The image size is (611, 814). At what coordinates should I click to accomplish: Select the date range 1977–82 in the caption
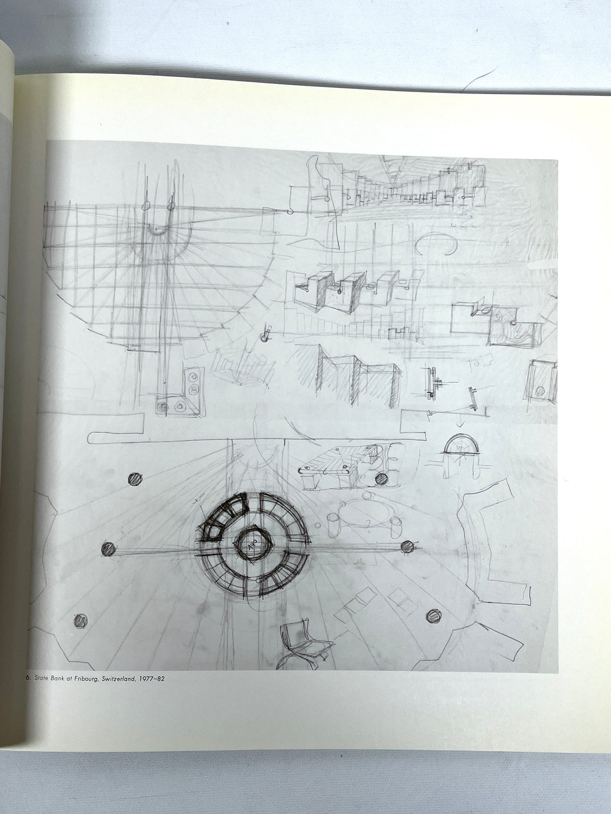tap(151, 679)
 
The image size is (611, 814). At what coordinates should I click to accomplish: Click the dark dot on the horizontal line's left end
tap(108, 548)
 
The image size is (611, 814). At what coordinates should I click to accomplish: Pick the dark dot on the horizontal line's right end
tap(407, 546)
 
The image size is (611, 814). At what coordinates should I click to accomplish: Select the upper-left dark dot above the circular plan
tap(135, 480)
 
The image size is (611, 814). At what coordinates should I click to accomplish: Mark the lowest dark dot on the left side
tap(80, 620)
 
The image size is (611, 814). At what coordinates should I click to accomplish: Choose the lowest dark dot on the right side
tap(433, 616)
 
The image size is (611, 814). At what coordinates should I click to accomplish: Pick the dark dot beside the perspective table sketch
tap(381, 479)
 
